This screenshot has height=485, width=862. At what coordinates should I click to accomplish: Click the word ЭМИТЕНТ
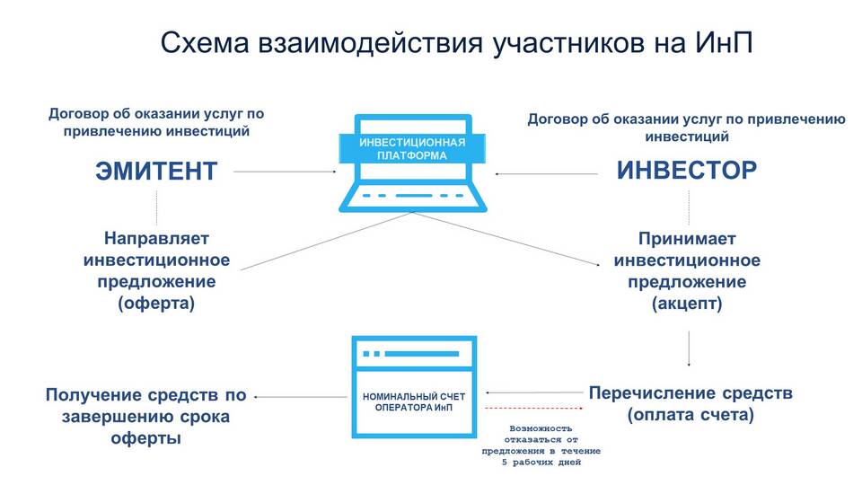(x=156, y=171)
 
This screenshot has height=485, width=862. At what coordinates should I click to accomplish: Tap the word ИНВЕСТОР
(x=686, y=170)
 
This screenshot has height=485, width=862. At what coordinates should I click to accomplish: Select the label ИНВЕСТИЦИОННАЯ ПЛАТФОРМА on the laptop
(x=412, y=148)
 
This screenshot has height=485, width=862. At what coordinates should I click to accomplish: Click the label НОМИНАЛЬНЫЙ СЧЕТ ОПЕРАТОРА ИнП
(x=414, y=401)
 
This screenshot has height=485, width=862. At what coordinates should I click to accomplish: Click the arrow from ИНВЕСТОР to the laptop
(x=547, y=173)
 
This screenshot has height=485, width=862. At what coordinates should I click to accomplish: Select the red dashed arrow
(x=537, y=409)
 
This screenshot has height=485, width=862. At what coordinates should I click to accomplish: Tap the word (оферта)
(x=156, y=304)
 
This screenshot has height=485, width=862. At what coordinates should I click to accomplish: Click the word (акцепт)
(x=687, y=304)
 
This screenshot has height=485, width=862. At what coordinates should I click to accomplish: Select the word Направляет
(x=156, y=239)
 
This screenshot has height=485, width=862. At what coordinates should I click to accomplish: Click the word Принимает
(x=687, y=239)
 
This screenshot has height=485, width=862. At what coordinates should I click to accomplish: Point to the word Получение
(x=97, y=394)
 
